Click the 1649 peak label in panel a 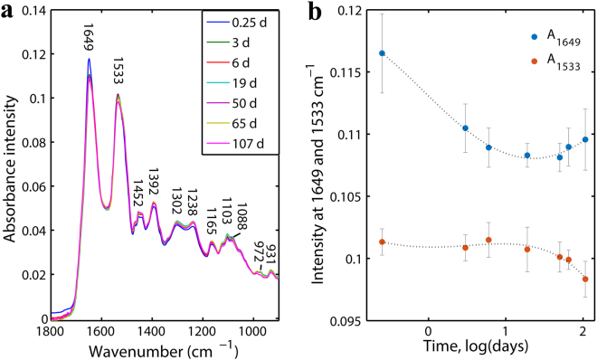click(x=89, y=43)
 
